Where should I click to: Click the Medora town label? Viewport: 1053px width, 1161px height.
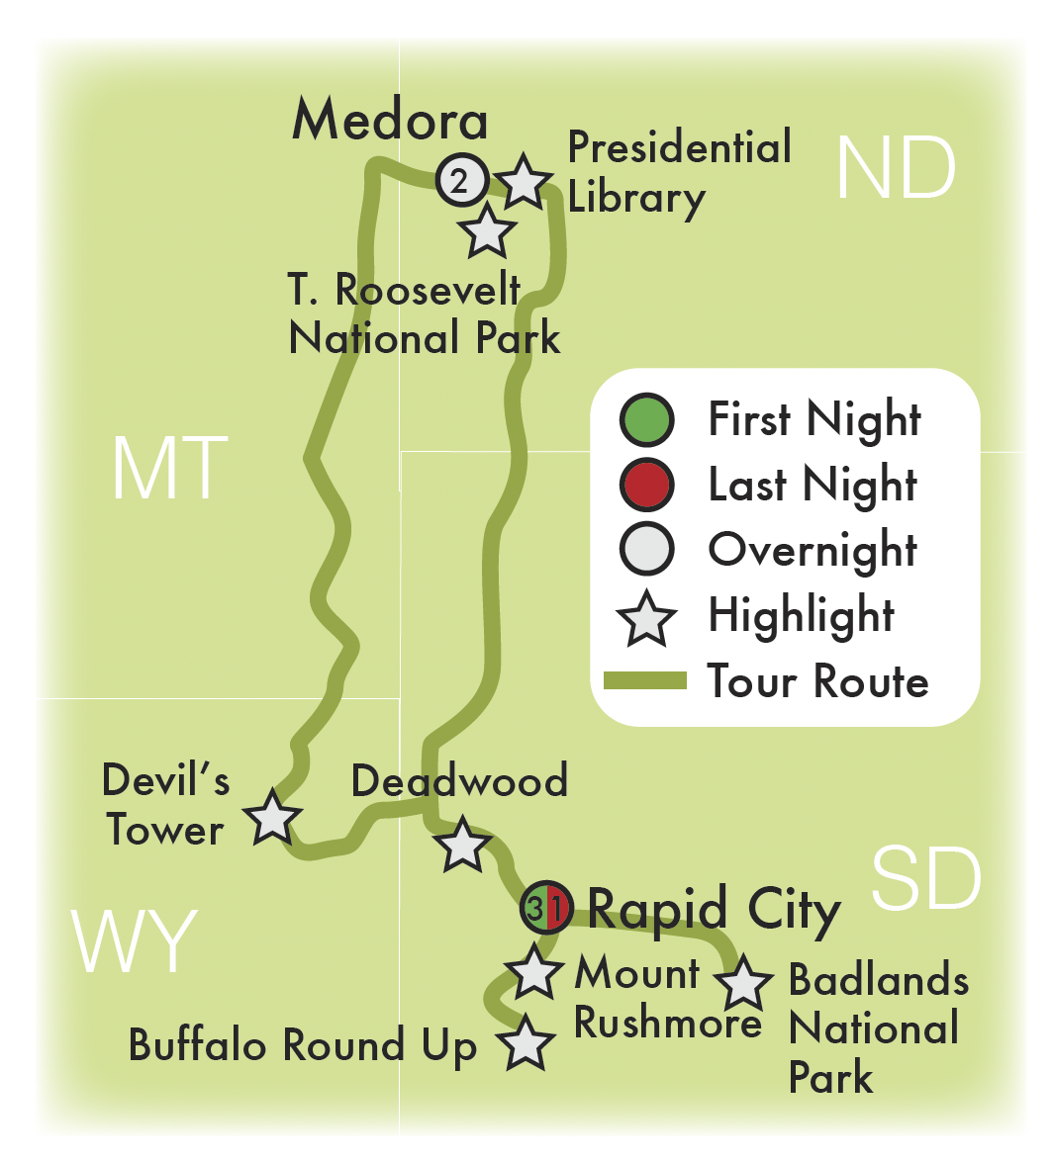tap(390, 122)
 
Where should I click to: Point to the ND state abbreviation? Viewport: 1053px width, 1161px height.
tap(896, 169)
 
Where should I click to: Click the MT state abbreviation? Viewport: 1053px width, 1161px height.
tap(169, 469)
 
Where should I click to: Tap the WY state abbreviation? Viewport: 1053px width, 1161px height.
tap(135, 942)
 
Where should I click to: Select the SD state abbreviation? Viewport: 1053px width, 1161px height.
tap(926, 879)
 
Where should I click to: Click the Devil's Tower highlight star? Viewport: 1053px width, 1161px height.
tap(272, 818)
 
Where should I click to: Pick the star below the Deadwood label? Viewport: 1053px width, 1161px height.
tap(461, 846)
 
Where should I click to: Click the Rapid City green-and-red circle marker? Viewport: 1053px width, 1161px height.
tap(546, 907)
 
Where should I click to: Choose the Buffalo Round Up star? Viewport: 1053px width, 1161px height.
tap(525, 1044)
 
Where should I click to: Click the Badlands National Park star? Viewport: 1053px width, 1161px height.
tap(743, 983)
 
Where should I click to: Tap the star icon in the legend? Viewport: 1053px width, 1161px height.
tap(646, 618)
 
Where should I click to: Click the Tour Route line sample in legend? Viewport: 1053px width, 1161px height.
tap(645, 680)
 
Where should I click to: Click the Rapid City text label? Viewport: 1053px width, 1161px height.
tap(714, 909)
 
